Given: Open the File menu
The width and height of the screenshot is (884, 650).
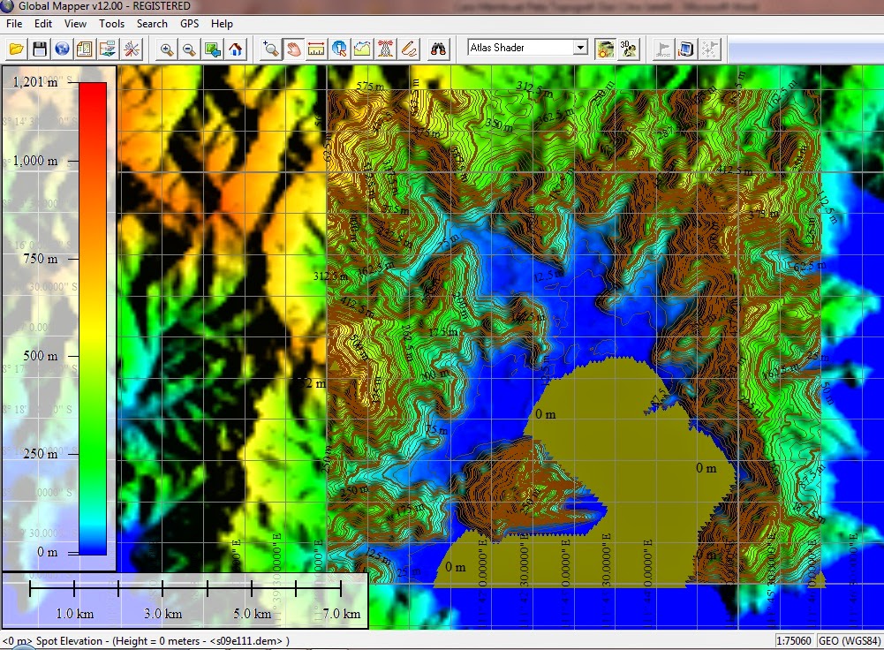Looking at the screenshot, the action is pos(14,24).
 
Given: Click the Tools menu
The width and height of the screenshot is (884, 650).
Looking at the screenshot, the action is pos(111,24).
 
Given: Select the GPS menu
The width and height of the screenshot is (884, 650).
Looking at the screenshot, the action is pos(190,24).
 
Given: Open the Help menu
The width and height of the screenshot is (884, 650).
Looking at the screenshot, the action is pos(223,24).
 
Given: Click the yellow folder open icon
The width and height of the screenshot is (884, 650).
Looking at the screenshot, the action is pos(16,49).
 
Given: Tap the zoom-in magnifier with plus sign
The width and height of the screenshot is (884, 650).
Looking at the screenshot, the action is pos(167,49).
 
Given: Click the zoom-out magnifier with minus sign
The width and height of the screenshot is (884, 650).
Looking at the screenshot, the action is pos(189,49).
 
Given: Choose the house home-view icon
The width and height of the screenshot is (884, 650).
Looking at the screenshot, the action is pos(235,49).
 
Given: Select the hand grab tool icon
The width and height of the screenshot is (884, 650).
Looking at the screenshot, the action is pos(294,49).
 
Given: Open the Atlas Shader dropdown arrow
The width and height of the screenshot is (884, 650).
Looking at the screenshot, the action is pos(580,48).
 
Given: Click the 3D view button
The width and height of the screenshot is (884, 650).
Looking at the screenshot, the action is pos(629,49).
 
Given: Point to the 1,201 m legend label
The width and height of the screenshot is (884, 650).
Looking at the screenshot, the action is pos(34,82).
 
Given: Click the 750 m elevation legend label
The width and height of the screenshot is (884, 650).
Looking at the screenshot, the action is pos(39,259).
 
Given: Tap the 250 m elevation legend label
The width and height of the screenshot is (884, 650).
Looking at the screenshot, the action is pos(39,454).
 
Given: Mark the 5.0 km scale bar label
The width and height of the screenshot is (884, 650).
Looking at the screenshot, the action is pos(252,614).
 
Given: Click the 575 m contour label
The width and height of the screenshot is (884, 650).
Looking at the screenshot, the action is pos(371,87).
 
